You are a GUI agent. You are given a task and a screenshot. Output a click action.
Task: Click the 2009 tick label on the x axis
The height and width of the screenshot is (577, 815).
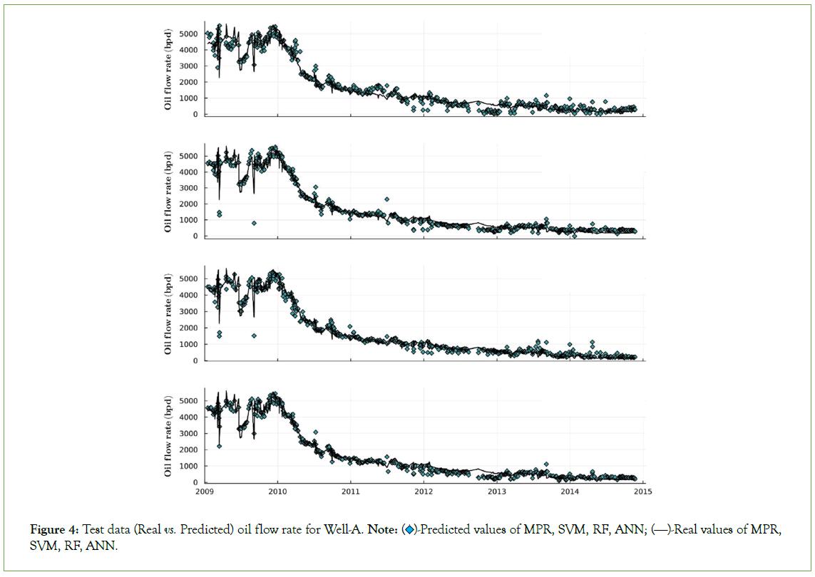205,491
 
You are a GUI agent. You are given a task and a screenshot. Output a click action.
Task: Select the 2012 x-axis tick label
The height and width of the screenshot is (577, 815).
424,491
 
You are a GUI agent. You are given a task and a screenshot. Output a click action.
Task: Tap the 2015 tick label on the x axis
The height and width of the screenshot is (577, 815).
643,491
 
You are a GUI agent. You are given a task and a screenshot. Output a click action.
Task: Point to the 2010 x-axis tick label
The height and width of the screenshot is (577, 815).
277,491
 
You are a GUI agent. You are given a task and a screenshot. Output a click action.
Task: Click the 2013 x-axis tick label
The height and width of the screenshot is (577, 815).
497,491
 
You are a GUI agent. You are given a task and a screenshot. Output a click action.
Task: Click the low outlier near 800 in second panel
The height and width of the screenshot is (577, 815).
254,223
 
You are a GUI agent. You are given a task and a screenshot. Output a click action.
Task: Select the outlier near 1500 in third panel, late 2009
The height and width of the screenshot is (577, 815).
254,336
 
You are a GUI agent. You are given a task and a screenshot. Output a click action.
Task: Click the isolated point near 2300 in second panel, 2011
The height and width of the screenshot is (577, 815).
386,199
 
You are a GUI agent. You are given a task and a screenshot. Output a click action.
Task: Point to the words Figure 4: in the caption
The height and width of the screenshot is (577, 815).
55,529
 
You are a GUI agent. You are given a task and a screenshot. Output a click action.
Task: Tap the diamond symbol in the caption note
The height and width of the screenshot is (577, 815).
409,529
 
